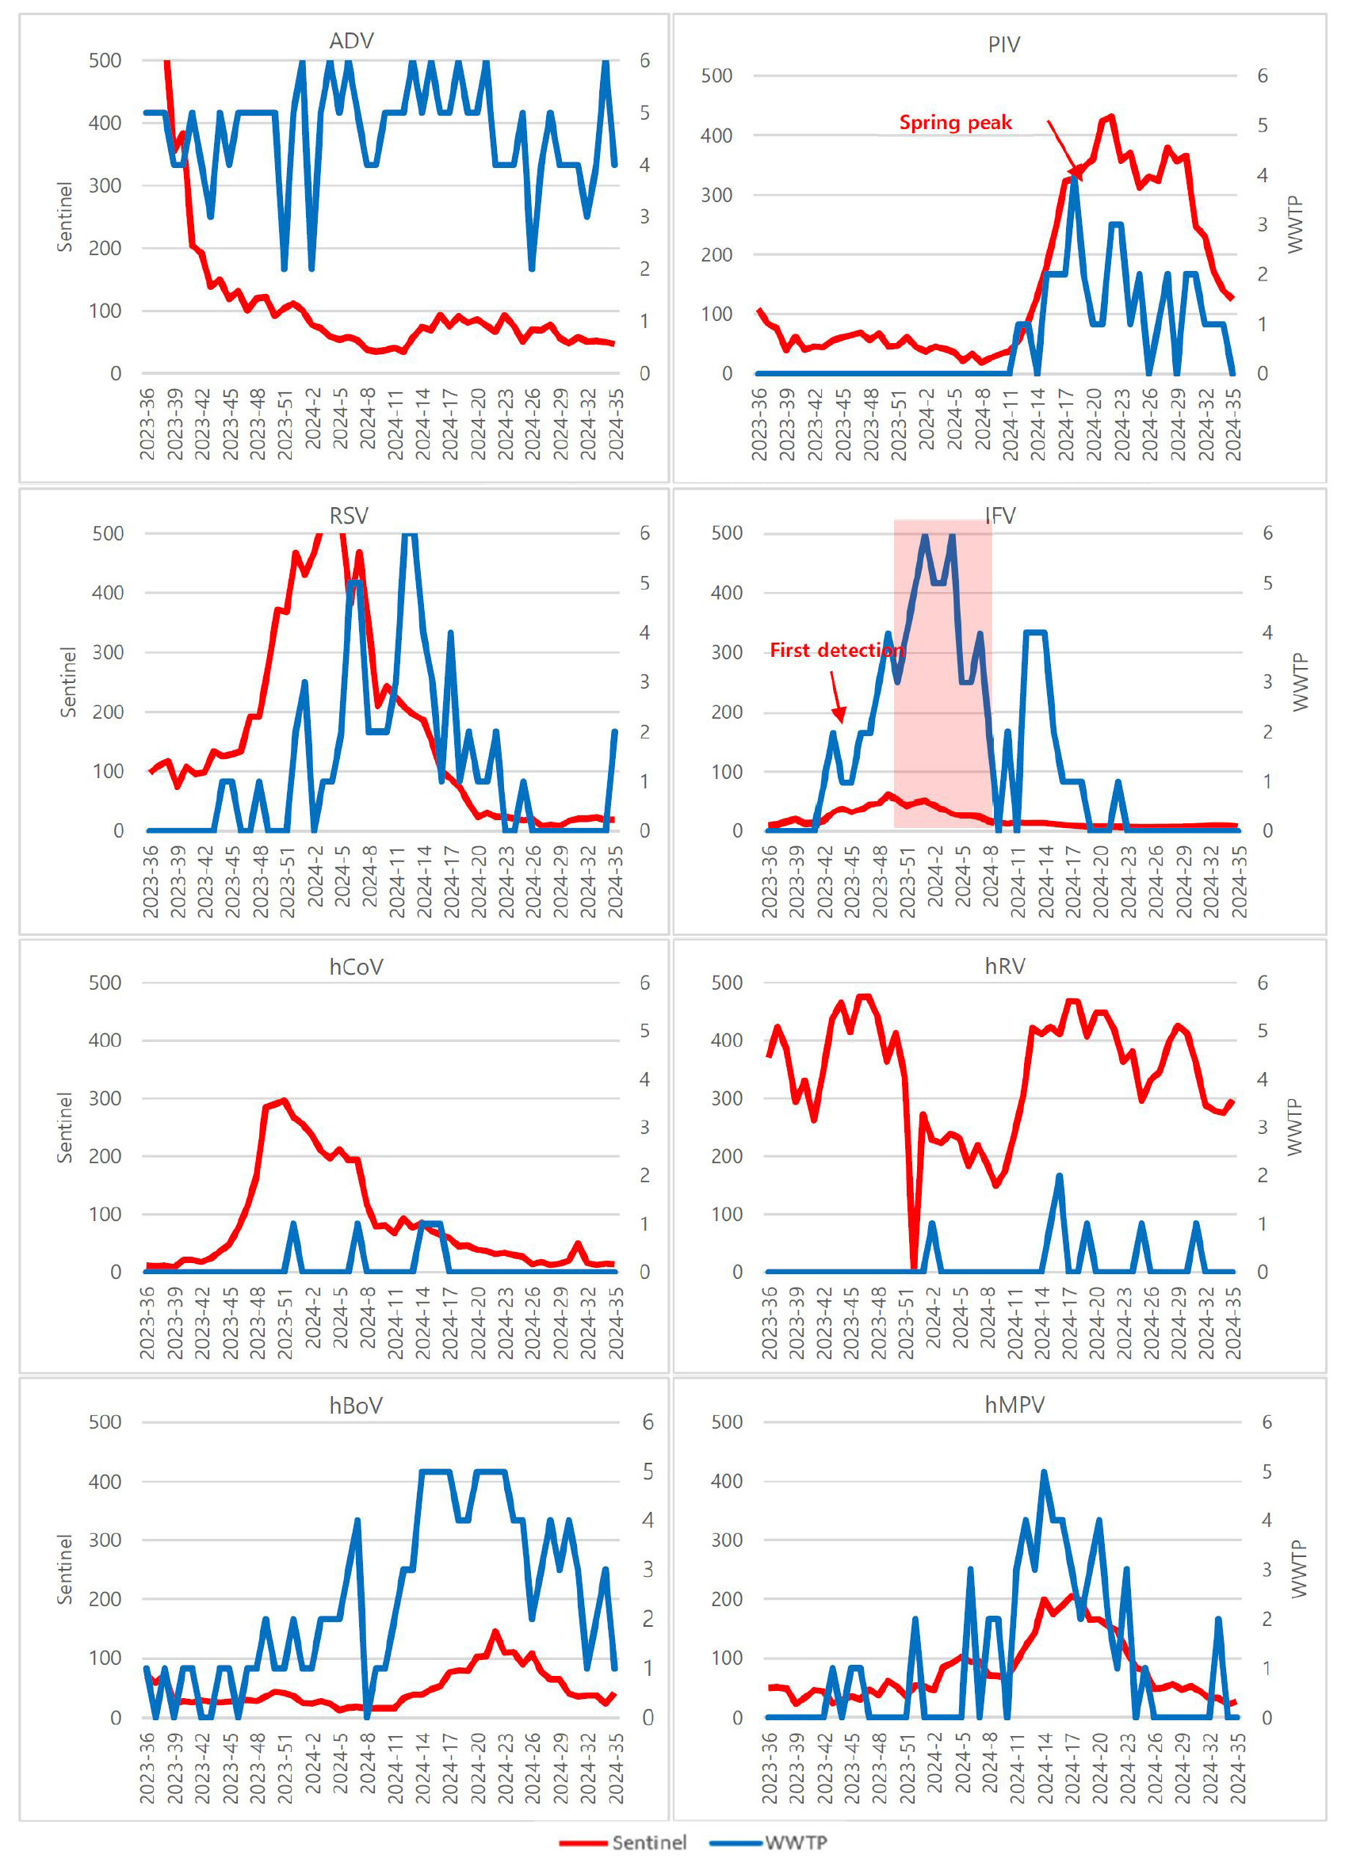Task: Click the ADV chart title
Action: coord(351,40)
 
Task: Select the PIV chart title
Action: coord(1003,44)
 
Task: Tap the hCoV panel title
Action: coord(356,967)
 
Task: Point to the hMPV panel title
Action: coord(1014,1405)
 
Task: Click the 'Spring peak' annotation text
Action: coord(955,123)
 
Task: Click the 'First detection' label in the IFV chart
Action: coord(837,651)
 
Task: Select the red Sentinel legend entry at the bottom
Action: coord(624,1842)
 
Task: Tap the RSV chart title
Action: coord(349,516)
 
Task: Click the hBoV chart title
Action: coord(356,1406)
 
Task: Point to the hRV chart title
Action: coord(1004,966)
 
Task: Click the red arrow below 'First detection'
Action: coord(838,697)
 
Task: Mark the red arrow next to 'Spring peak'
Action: coord(1064,149)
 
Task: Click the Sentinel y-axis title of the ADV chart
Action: coord(65,216)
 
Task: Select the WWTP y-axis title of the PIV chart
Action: coord(1294,224)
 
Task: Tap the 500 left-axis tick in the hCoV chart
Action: coord(105,983)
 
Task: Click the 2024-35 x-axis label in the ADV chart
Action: coord(616,425)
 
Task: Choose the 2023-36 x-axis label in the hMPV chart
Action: coord(769,1769)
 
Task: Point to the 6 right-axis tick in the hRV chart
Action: coord(1263,983)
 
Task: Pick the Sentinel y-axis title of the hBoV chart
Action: coord(65,1570)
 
